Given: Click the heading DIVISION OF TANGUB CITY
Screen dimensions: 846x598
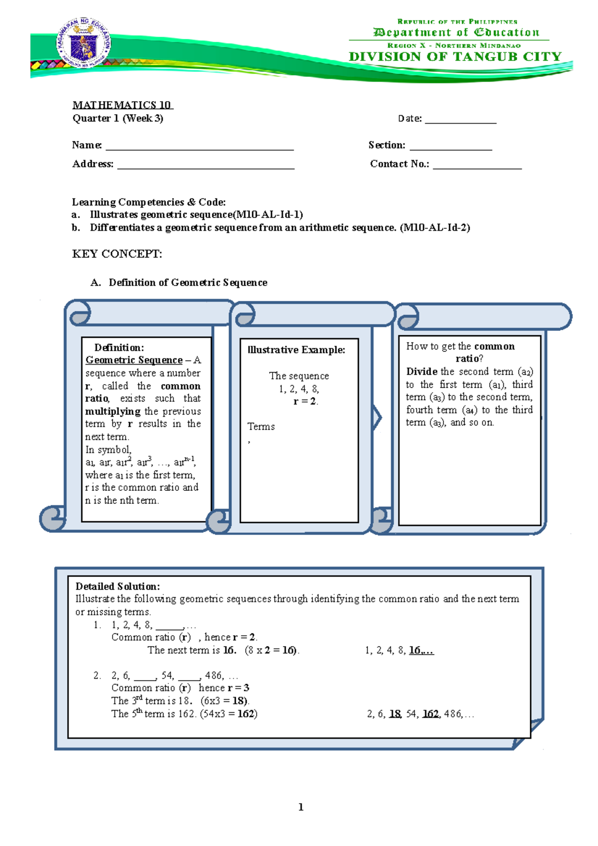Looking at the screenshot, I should point(455,57).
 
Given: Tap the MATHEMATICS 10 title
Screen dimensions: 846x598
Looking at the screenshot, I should point(122,105).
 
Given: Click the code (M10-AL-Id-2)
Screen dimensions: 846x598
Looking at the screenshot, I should point(435,228).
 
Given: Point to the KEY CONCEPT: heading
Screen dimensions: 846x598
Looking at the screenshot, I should point(117,254).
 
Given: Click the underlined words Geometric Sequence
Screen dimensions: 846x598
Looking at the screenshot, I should point(134,360).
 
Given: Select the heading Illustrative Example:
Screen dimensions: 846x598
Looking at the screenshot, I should point(297,350).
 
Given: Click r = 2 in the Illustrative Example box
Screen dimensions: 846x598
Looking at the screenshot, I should point(305,402).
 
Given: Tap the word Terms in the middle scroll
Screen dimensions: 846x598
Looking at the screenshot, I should point(261,426).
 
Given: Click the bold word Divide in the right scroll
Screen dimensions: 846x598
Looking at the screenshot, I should point(422,372).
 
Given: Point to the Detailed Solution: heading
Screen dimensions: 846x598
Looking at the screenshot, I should point(118,586).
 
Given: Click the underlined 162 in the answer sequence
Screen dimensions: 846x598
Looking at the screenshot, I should point(431,714).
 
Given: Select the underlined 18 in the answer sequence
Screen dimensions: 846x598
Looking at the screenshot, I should point(395,714).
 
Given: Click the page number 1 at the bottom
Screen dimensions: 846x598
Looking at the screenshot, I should point(301,807).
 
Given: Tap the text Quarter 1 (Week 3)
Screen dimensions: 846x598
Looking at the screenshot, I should point(118,119).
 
